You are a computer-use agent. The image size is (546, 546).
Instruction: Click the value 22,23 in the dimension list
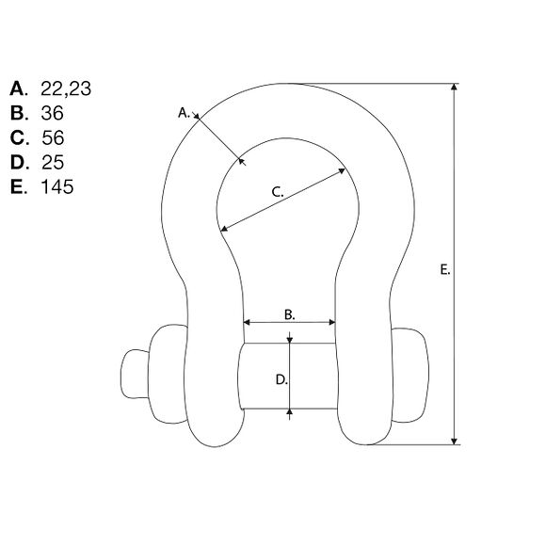point(66,89)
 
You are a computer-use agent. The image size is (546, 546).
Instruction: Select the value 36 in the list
point(52,113)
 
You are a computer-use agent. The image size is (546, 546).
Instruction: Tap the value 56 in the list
point(53,137)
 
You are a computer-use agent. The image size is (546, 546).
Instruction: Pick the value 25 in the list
point(53,162)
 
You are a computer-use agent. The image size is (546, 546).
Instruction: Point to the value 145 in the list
point(57,186)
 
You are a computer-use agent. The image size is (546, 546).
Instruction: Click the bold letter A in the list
point(18,88)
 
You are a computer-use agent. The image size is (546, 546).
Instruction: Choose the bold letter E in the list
point(18,186)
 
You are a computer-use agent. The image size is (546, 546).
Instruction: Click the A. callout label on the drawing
point(184,113)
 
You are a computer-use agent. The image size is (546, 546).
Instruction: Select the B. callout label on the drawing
point(289,314)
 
